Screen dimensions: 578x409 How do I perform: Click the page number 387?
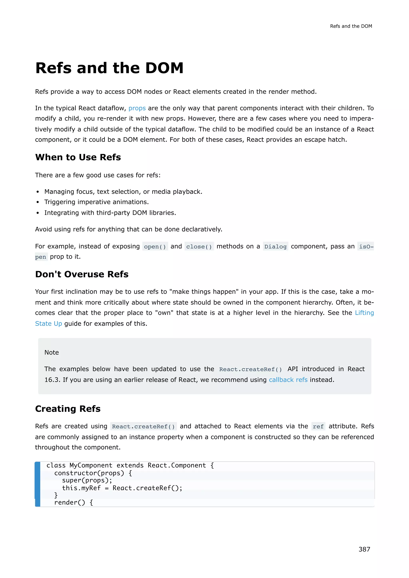click(364, 549)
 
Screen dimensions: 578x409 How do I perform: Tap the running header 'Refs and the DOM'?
click(351, 26)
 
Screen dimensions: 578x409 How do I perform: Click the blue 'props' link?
click(137, 108)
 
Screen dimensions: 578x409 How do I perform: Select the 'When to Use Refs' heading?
click(78, 157)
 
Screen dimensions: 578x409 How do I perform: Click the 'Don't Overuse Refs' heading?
click(82, 274)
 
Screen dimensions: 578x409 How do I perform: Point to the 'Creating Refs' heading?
click(68, 409)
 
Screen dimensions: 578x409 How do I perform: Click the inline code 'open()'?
click(155, 246)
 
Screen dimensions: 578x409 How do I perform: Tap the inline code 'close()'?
click(199, 246)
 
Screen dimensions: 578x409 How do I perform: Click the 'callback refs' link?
click(288, 380)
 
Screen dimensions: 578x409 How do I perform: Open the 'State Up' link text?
click(49, 324)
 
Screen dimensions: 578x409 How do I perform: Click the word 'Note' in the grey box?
click(52, 352)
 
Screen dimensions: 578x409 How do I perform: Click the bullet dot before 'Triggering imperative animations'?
click(38, 202)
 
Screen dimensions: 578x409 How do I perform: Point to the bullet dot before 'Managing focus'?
click(38, 192)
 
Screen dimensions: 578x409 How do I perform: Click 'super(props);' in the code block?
click(87, 480)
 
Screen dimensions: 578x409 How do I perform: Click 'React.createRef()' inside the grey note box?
click(250, 369)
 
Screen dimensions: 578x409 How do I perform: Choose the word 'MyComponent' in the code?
click(91, 465)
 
